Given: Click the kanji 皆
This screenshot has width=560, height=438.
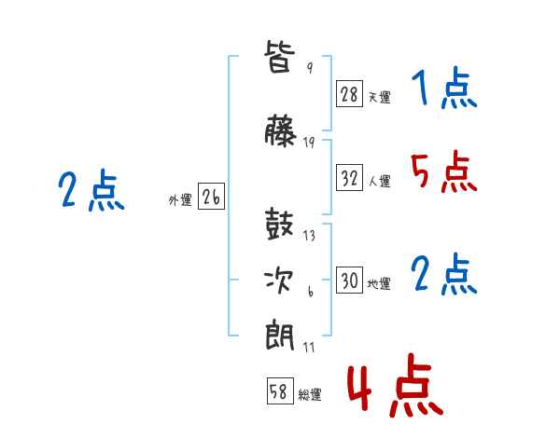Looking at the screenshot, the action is click(x=280, y=56).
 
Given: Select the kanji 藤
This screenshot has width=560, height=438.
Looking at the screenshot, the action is click(x=280, y=130).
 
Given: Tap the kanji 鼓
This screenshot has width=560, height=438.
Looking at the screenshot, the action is click(x=279, y=224).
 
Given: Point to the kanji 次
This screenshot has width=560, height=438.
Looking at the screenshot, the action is click(x=279, y=281).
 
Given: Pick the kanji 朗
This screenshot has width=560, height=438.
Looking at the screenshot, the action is click(x=280, y=335).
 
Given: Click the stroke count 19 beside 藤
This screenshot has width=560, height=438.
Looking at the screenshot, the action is click(x=309, y=143).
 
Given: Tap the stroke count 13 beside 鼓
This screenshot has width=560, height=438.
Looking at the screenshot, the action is click(x=309, y=236).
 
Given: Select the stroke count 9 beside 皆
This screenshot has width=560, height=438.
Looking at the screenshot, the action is click(x=310, y=67).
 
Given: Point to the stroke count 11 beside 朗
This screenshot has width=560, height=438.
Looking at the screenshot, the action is click(x=309, y=347).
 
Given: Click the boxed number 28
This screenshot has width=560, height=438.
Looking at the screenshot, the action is click(x=349, y=94).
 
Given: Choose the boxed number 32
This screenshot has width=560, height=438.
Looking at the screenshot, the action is click(x=349, y=177).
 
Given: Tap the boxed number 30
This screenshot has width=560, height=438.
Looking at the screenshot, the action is click(x=349, y=280).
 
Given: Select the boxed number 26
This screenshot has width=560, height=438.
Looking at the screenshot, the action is click(x=211, y=197).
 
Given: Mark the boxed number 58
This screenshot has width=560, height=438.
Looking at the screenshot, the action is click(x=280, y=390).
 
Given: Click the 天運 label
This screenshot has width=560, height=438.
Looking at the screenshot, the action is click(x=380, y=97).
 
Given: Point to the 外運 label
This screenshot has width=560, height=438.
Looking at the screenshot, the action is click(x=180, y=200).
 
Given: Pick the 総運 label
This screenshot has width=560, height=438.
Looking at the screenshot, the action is click(x=310, y=394).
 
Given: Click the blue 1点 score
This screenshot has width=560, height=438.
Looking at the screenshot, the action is click(x=444, y=88).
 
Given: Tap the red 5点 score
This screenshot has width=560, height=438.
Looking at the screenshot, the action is click(x=444, y=171).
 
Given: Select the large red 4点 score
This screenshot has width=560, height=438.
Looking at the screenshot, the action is click(x=396, y=385).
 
